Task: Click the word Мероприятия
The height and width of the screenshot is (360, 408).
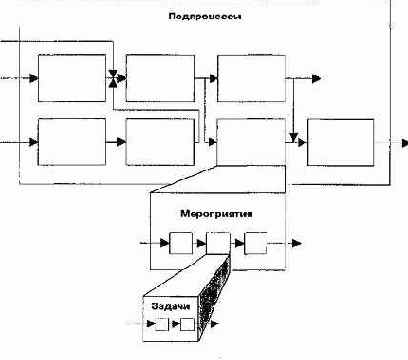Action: [x=214, y=214]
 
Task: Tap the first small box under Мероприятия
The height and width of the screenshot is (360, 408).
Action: [x=181, y=243]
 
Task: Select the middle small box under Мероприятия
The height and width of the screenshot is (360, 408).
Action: [x=218, y=243]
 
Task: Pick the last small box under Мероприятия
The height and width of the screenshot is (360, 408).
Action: [x=256, y=243]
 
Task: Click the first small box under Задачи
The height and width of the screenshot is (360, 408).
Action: [x=160, y=324]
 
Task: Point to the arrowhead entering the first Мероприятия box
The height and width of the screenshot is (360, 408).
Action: [x=165, y=243]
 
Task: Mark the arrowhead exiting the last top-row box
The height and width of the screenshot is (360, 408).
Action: [x=316, y=78]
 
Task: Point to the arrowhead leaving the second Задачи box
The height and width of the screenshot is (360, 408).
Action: [x=213, y=324]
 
